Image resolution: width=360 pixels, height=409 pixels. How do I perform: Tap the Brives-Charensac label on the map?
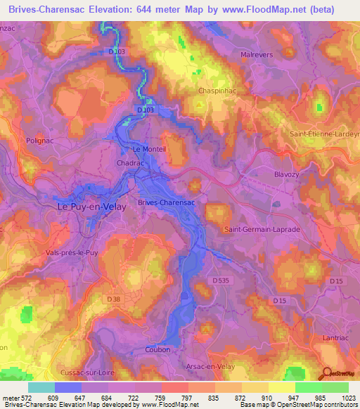click(x=166, y=202)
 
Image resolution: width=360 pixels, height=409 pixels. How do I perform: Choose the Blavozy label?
click(x=287, y=172)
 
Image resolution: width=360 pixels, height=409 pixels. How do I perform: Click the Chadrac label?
click(x=127, y=162)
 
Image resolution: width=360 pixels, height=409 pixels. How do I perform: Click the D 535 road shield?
click(x=221, y=280)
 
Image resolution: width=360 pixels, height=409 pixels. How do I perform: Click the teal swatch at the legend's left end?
click(x=41, y=387)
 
